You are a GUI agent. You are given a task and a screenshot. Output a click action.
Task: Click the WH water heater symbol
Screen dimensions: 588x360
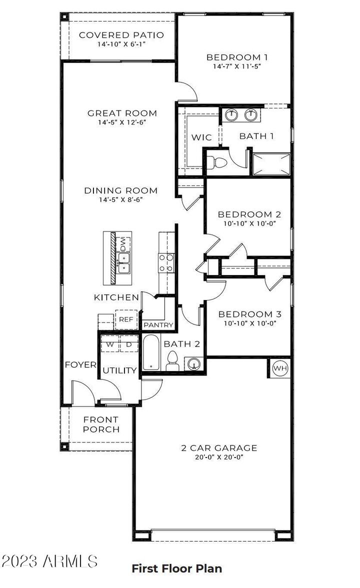tap(280, 368)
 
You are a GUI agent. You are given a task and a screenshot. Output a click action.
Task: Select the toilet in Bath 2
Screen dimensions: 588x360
tap(172, 361)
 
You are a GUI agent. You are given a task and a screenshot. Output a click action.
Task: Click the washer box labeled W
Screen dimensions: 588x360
tap(109, 344)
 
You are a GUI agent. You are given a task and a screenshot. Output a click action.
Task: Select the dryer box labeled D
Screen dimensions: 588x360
tap(128, 344)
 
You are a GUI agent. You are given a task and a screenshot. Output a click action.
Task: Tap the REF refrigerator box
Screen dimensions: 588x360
tap(125, 319)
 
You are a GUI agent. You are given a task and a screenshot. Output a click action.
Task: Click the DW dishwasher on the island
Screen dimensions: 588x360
tap(123, 244)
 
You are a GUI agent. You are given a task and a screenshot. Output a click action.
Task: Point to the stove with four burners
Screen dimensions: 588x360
tap(166, 263)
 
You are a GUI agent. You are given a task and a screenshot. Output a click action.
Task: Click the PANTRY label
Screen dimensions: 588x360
tap(158, 325)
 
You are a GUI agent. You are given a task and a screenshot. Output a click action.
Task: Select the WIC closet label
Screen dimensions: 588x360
tap(201, 137)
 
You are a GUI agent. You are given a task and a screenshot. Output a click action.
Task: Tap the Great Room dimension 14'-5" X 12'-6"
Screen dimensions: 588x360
tap(122, 122)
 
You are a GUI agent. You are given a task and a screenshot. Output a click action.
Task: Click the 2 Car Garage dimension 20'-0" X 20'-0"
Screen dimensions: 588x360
tap(219, 456)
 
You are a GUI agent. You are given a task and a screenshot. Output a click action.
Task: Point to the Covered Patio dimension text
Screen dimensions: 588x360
tap(121, 44)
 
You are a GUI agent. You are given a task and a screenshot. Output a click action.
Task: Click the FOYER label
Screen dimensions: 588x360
tap(80, 365)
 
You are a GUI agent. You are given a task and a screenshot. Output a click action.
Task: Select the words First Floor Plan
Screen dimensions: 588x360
tap(176, 568)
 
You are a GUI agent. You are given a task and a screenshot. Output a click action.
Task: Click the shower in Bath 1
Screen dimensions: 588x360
tap(271, 164)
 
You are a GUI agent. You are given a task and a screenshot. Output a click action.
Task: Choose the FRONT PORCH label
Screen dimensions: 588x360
tap(101, 424)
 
